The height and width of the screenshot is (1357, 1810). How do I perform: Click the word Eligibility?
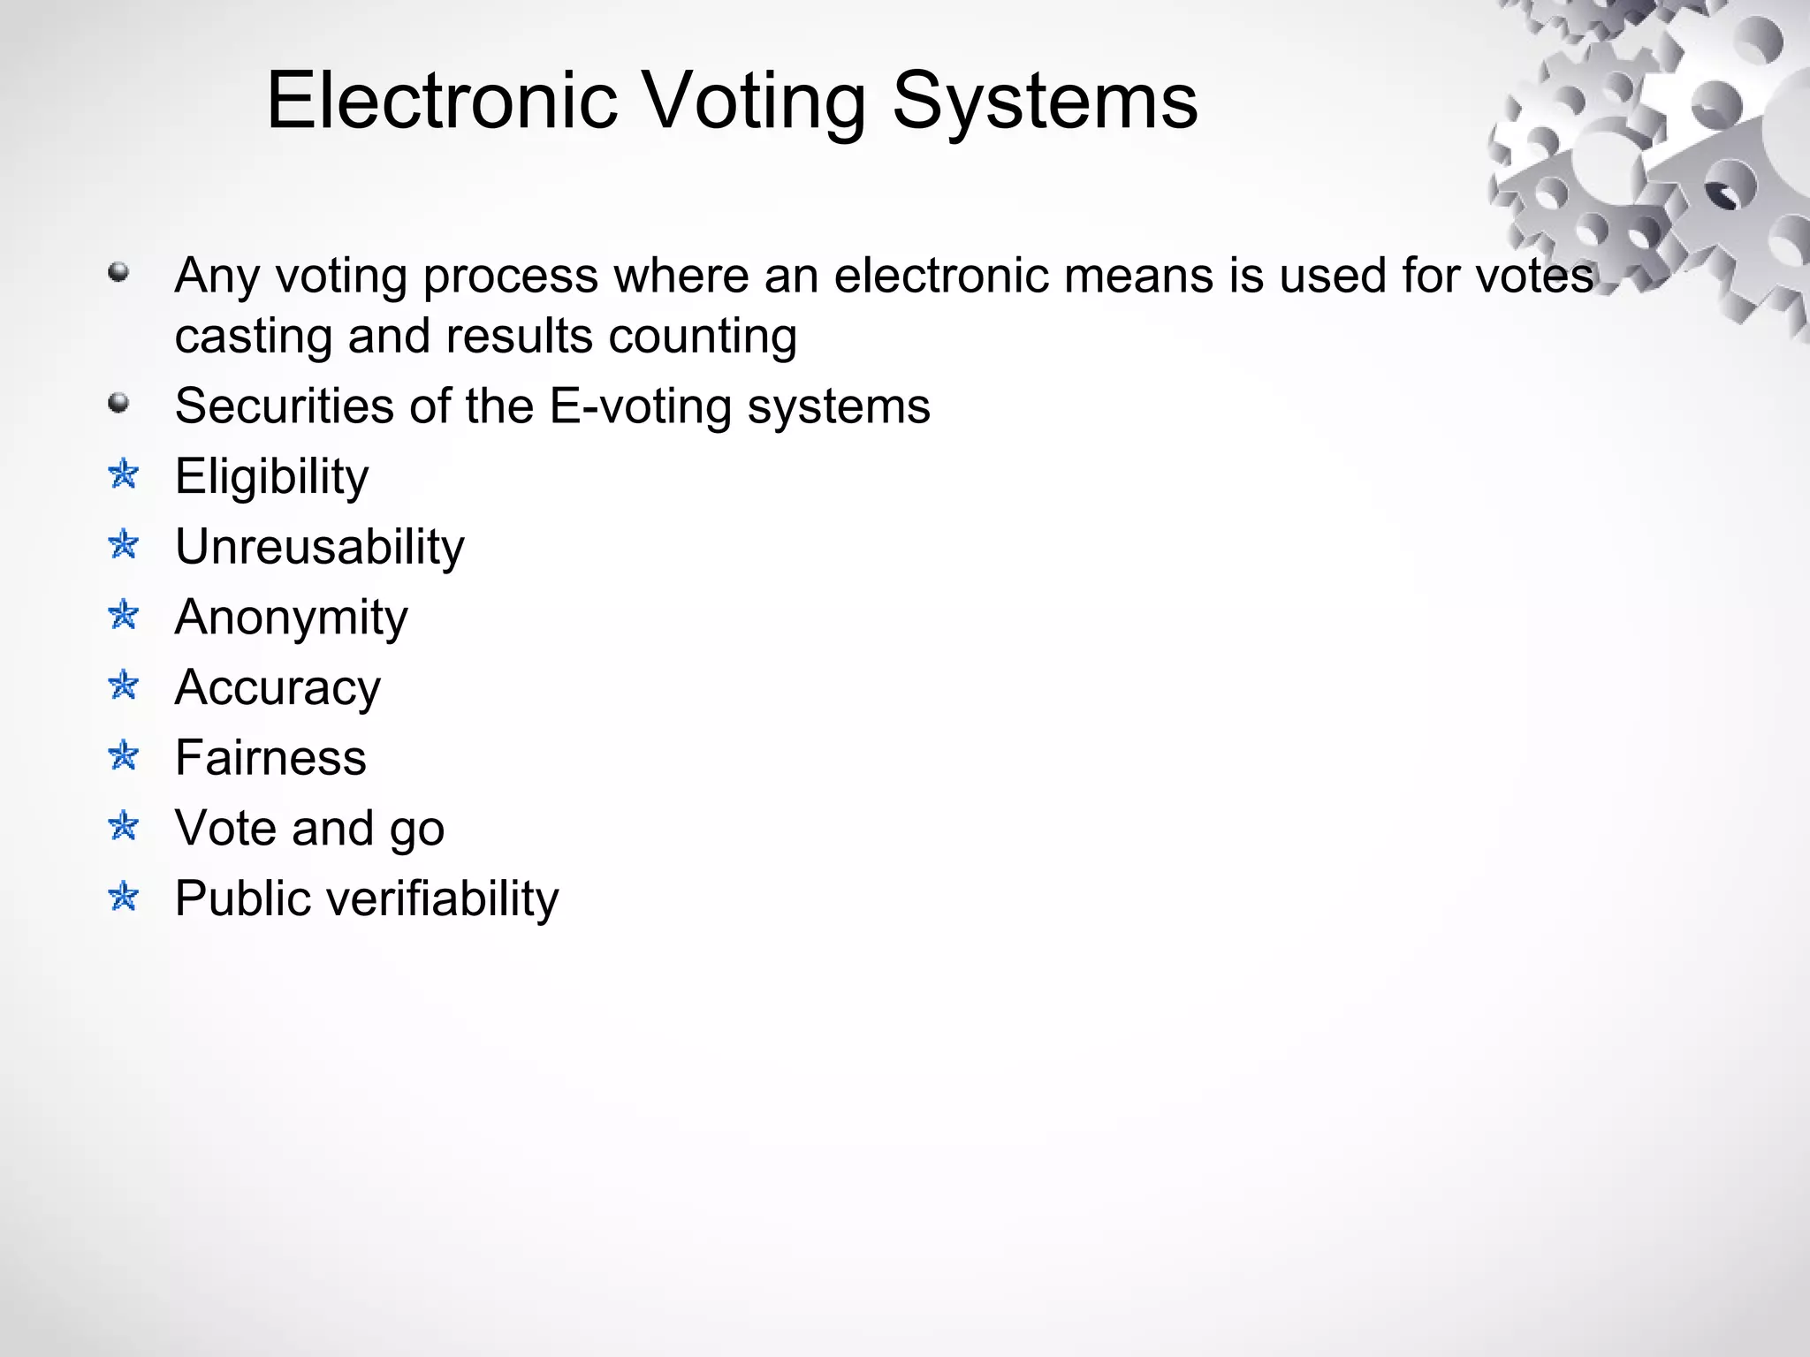(x=271, y=478)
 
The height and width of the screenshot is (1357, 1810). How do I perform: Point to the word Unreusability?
(x=319, y=548)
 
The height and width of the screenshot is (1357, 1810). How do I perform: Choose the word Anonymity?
(x=291, y=618)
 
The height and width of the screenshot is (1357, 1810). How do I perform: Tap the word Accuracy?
(x=278, y=688)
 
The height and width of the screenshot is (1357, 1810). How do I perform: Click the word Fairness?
(x=270, y=758)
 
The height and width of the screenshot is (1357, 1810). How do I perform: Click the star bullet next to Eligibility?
(x=124, y=474)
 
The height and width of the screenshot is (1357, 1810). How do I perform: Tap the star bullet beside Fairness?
(x=124, y=755)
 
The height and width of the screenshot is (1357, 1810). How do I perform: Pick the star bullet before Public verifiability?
(x=124, y=897)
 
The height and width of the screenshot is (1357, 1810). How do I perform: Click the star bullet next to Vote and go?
(x=124, y=826)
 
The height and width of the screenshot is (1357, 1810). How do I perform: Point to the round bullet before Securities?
(x=118, y=404)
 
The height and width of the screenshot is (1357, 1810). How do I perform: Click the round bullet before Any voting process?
(x=118, y=272)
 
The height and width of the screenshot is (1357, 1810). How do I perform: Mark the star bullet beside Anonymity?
(x=124, y=615)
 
